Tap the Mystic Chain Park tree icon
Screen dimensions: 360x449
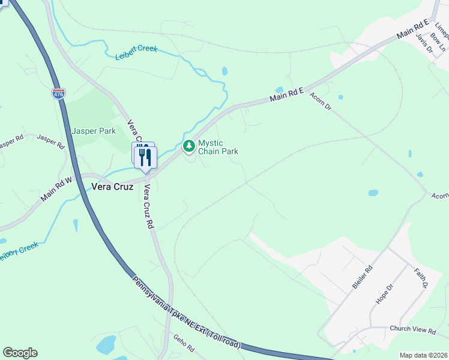pos(189,146)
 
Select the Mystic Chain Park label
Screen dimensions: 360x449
pos(218,147)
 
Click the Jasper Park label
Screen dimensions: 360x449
pos(93,130)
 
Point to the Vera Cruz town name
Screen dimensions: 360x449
pos(112,187)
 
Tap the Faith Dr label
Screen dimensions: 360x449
pos(420,277)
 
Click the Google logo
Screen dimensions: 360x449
pos(20,353)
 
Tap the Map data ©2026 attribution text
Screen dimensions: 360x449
pos(423,355)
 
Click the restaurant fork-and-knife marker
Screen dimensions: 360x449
pos(145,156)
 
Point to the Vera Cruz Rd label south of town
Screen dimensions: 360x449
pos(149,206)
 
